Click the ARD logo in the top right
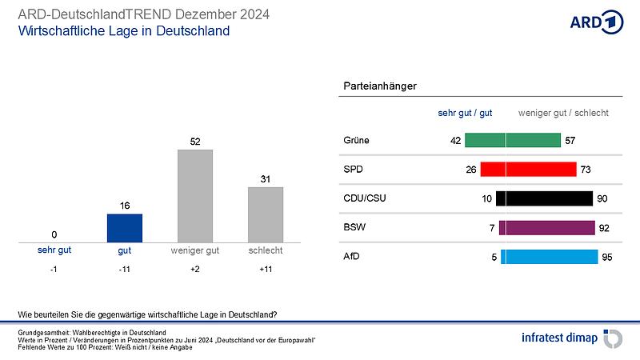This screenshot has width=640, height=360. tap(596, 22)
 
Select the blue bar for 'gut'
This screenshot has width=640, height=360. tap(124, 228)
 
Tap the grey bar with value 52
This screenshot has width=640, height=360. tap(195, 195)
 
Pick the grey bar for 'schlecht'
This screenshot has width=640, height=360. tap(266, 214)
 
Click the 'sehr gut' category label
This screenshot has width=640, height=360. tap(54, 250)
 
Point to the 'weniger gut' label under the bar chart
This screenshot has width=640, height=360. tap(195, 250)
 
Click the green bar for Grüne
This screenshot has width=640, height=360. tap(513, 141)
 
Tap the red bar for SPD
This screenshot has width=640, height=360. tap(528, 170)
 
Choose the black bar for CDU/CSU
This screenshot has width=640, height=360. tap(544, 198)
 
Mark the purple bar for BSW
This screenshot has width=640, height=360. tap(546, 228)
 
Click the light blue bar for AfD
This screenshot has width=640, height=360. tap(550, 257)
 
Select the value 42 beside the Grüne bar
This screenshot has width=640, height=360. tap(456, 141)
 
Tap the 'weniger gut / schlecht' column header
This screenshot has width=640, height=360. tap(563, 113)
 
